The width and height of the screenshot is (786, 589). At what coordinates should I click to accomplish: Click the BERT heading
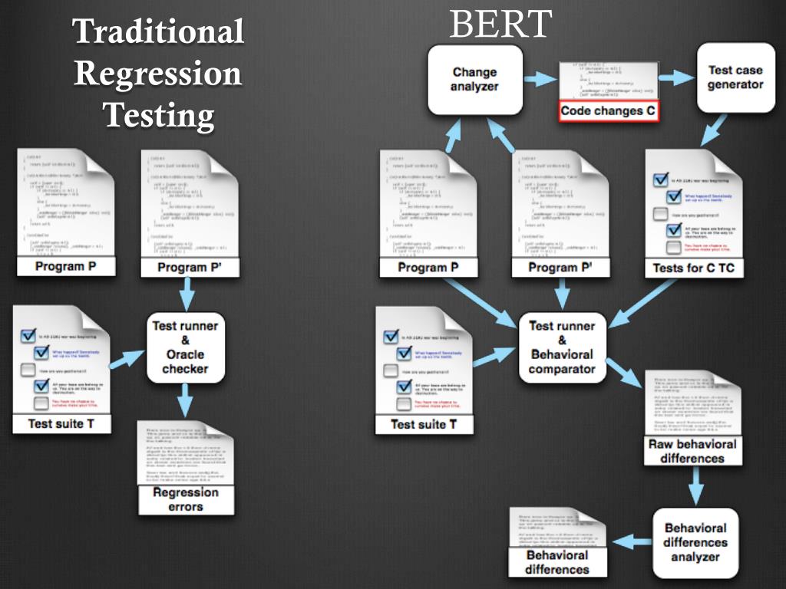[500, 25]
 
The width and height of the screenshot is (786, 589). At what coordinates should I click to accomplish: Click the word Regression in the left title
[158, 74]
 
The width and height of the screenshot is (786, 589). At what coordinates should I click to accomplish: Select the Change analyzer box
[474, 80]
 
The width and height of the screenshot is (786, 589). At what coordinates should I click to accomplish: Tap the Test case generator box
[735, 77]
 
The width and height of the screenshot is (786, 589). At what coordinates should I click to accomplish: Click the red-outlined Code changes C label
[608, 111]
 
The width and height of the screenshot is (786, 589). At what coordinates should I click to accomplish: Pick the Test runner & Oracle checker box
[185, 347]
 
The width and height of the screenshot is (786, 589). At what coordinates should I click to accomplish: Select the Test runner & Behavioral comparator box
[561, 347]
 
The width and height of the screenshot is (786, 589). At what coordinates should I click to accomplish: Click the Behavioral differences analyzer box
[695, 542]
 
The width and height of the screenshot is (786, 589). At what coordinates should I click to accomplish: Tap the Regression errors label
[186, 499]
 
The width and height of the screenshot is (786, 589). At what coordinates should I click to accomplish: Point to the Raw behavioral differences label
[692, 451]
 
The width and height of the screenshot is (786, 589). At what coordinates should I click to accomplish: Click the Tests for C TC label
[693, 268]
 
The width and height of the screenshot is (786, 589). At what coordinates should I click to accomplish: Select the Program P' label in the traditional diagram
[188, 268]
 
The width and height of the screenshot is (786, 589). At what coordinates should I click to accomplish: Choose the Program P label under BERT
[428, 268]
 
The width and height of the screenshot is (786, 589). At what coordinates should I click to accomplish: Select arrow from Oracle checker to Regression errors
[185, 400]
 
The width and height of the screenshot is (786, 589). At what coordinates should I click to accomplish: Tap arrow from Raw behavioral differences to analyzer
[695, 485]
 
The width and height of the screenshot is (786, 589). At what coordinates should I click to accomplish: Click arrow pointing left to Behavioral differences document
[630, 541]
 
